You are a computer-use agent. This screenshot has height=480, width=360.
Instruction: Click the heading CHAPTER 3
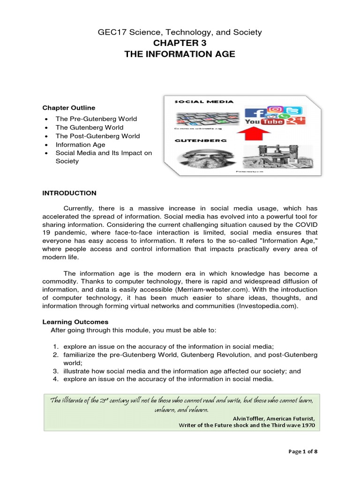point(180,44)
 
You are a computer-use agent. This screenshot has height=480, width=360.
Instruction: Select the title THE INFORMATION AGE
point(180,54)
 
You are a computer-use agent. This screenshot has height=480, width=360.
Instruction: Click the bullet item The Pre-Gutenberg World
point(96,119)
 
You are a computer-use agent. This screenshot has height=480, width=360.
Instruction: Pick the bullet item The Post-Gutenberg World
point(97,136)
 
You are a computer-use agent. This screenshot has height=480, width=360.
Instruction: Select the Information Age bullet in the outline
point(80,145)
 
